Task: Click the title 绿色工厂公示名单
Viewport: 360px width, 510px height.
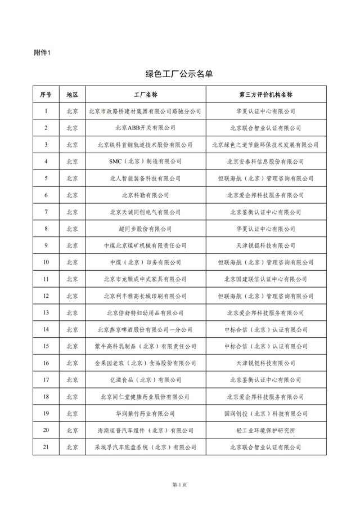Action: click(x=179, y=74)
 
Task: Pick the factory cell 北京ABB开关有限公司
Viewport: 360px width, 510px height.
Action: click(x=145, y=128)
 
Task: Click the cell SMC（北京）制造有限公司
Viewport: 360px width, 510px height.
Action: click(x=145, y=162)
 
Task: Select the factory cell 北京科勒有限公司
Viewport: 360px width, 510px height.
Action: click(x=145, y=195)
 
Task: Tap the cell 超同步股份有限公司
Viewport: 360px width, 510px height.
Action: click(x=145, y=229)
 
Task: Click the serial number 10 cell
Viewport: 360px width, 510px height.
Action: click(x=46, y=262)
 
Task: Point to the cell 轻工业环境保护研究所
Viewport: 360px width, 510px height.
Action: click(x=266, y=430)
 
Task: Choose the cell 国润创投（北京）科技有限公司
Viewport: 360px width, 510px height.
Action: click(x=266, y=413)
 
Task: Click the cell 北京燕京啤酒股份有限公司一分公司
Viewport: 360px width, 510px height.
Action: click(x=145, y=329)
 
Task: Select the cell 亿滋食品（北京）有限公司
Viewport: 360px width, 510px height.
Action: click(x=145, y=380)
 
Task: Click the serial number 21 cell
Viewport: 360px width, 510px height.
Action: click(x=46, y=447)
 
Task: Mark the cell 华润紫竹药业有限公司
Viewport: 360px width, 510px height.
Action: click(x=145, y=413)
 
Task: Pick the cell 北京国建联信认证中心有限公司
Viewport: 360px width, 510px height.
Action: click(x=266, y=279)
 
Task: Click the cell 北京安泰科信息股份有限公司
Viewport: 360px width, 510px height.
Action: click(x=266, y=162)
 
